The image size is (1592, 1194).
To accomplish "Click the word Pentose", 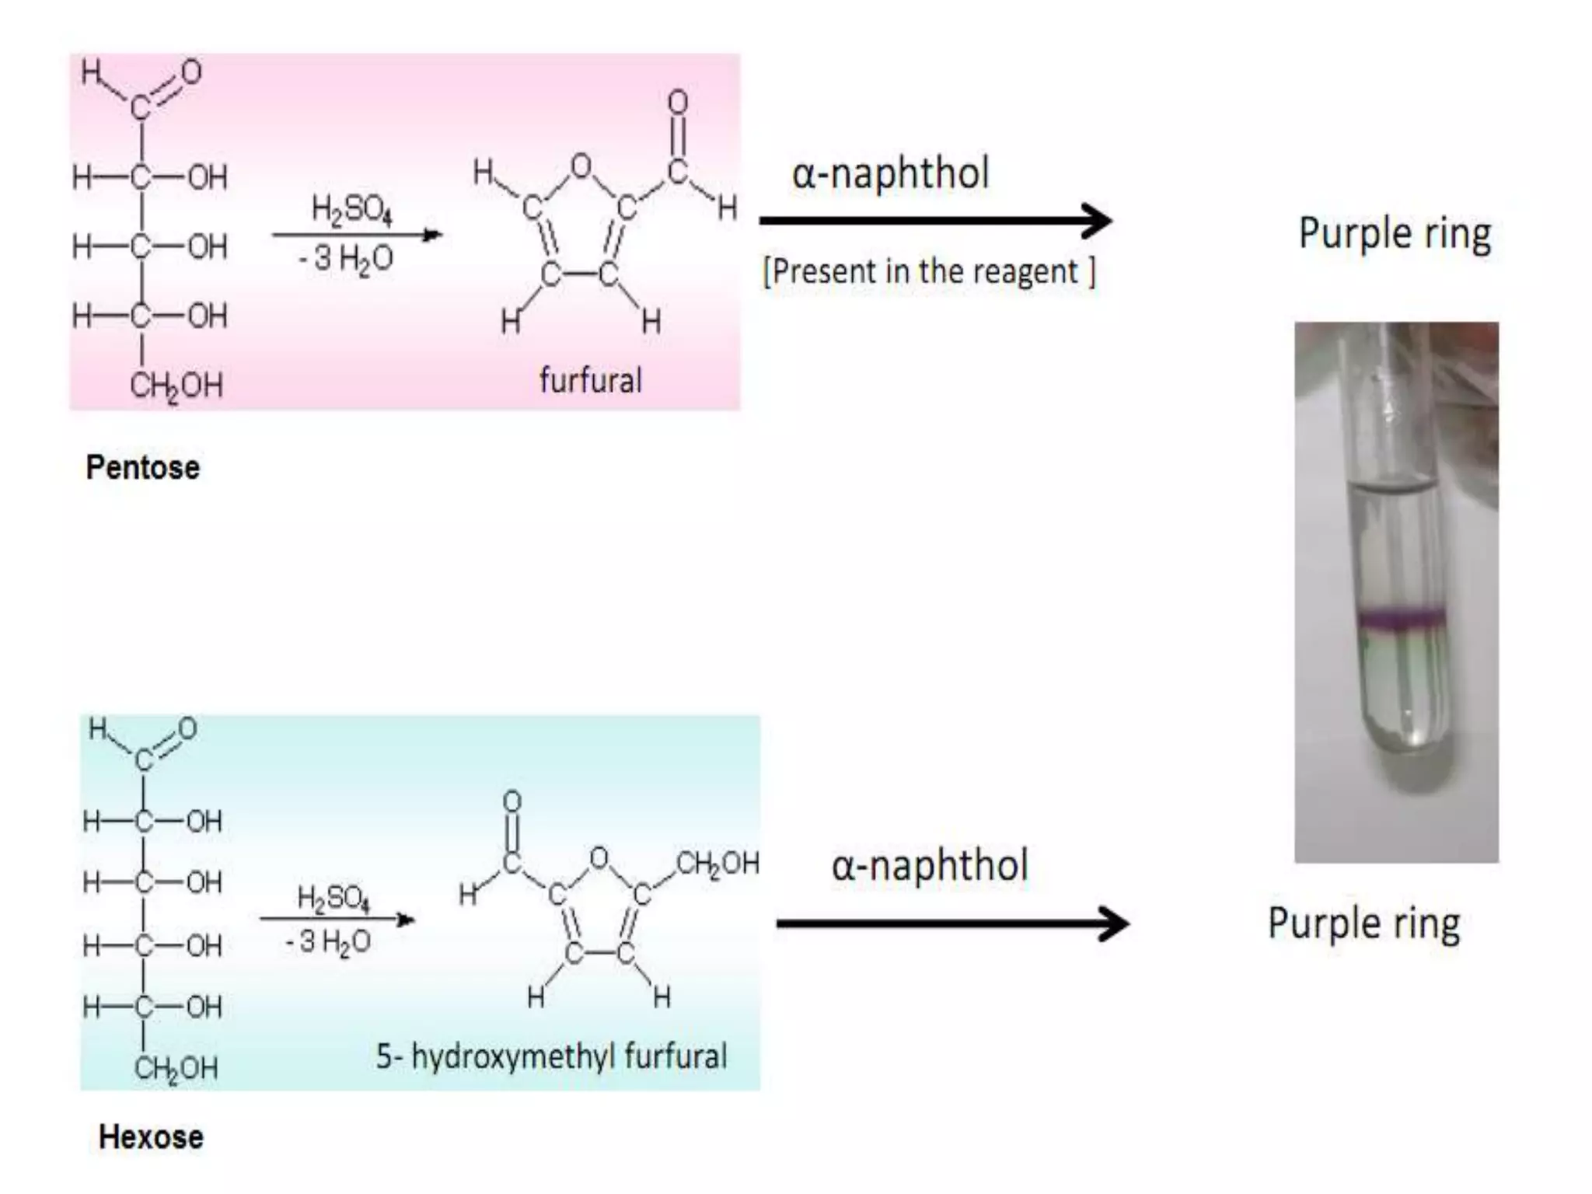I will (x=142, y=467).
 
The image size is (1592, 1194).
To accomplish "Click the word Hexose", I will (x=151, y=1137).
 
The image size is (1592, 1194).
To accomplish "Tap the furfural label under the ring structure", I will (x=590, y=381).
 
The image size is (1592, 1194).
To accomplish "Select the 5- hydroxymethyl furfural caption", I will (x=551, y=1056).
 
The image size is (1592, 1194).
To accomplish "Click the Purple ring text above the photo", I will (x=1395, y=233).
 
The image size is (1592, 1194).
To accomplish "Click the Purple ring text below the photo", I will (x=1363, y=923).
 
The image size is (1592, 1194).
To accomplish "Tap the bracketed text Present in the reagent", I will (x=929, y=272).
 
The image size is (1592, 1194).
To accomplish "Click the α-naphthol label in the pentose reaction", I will (x=890, y=173).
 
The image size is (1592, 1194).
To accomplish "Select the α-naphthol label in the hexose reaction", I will (x=930, y=865).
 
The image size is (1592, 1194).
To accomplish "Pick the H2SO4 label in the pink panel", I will (x=351, y=209).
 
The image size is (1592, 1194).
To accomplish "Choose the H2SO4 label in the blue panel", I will (x=333, y=898).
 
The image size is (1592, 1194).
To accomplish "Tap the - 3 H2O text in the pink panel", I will (x=346, y=258).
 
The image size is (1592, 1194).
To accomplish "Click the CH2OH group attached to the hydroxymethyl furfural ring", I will (x=717, y=863).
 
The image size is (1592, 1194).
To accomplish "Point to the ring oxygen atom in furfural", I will (x=581, y=166).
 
